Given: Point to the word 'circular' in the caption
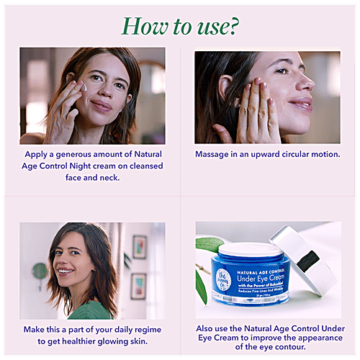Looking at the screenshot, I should pyautogui.click(x=295, y=154).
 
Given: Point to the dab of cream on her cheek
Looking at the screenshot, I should pyautogui.click(x=84, y=87).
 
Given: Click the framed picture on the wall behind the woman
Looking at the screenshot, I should pyautogui.click(x=139, y=247).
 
